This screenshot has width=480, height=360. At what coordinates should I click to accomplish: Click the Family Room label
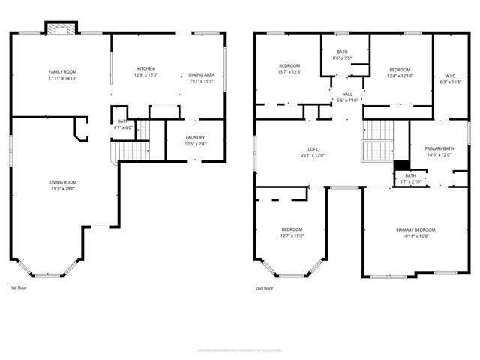(x=63, y=71)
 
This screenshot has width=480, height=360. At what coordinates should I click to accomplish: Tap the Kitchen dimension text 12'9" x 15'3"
(x=145, y=75)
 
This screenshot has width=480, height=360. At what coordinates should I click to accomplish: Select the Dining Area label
(x=201, y=74)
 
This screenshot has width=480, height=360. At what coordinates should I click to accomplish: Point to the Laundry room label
(x=195, y=137)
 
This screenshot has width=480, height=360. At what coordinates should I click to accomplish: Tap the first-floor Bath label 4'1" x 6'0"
(x=122, y=127)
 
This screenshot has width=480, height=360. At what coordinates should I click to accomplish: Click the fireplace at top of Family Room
(x=60, y=28)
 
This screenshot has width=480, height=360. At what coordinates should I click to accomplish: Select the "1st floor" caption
(x=19, y=287)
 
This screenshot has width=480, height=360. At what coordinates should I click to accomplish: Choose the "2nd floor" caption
(x=264, y=287)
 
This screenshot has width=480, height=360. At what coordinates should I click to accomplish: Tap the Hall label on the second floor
(x=347, y=94)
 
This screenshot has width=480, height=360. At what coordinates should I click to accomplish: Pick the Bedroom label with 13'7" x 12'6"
(x=289, y=65)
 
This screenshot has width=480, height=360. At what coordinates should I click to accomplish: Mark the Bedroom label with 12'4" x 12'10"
(x=398, y=69)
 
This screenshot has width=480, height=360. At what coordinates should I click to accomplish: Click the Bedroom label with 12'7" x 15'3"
(x=292, y=229)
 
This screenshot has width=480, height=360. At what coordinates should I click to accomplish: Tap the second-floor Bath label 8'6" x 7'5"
(x=342, y=52)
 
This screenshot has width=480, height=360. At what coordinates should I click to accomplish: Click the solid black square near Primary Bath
(x=401, y=167)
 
